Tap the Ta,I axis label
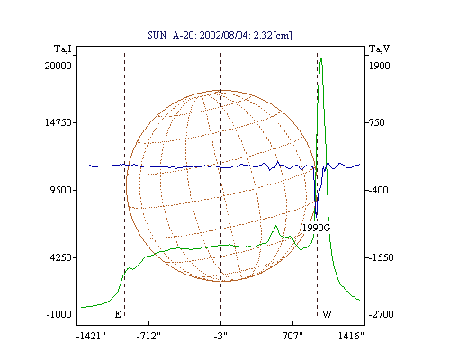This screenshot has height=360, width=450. [x=63, y=49]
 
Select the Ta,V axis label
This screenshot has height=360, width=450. [x=379, y=49]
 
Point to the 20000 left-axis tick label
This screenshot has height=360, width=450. [x=58, y=66]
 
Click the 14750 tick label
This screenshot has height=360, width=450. [x=58, y=122]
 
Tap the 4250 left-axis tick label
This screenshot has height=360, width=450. [x=60, y=257]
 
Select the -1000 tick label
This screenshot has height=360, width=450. [x=59, y=314]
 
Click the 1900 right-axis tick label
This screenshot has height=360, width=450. [x=380, y=66]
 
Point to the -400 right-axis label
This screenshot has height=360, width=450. [x=379, y=190]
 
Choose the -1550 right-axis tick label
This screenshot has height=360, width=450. [x=382, y=257]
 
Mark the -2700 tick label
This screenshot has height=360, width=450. [x=382, y=314]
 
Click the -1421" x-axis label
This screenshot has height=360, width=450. [x=91, y=336]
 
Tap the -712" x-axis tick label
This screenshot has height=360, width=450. [x=148, y=336]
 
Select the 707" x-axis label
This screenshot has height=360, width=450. [x=292, y=336]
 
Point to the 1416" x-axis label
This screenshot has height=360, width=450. [x=351, y=336]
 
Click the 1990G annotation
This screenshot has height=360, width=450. [x=316, y=228]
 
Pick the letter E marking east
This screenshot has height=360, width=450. [x=118, y=314]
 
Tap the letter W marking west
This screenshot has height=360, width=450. [x=327, y=314]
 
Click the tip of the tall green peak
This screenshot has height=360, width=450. [x=321, y=58]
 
